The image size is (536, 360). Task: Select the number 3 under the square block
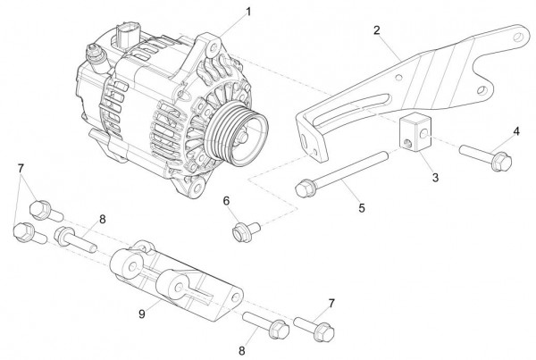(x=435, y=178)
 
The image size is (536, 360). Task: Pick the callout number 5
(x=362, y=208)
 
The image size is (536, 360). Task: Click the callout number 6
(x=227, y=199)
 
